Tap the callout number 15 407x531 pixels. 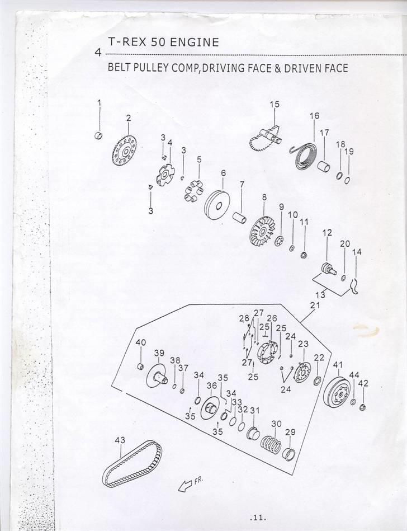click(275, 105)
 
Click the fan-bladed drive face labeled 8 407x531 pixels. click(261, 229)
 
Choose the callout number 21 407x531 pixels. click(315, 306)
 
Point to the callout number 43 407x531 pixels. click(120, 440)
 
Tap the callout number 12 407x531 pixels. click(327, 233)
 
